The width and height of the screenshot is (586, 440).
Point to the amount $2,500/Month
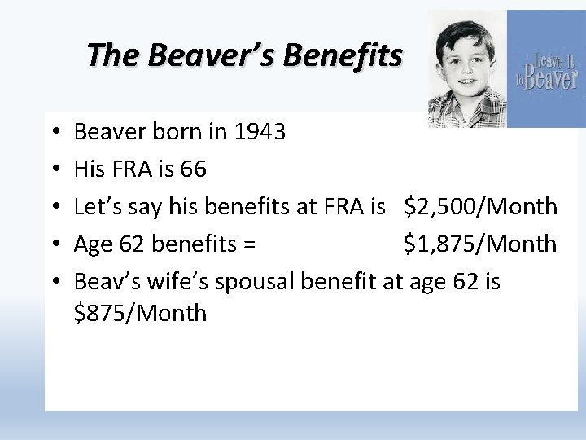(x=480, y=207)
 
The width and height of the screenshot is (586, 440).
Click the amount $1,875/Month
(x=480, y=244)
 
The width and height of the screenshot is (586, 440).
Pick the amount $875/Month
(x=140, y=313)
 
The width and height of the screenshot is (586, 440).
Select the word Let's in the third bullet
(x=98, y=207)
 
